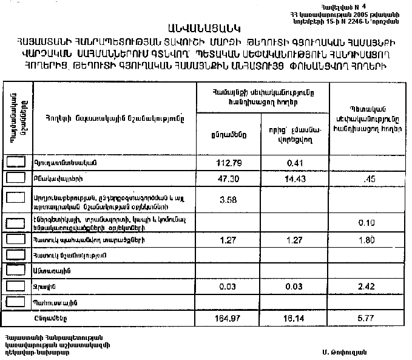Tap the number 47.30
228,179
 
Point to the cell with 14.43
295,179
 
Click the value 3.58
228,199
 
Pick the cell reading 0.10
366,222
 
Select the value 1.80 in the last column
366,241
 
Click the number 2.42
366,286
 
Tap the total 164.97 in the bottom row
228,317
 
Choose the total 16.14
295,317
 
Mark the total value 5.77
366,317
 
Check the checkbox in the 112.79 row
16,162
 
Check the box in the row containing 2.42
16,285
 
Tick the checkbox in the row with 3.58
16,197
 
